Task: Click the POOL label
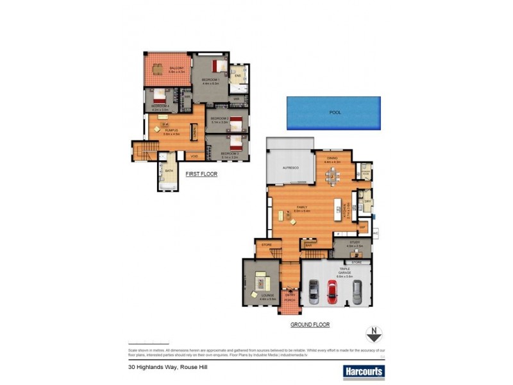334,112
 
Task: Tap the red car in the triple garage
333,292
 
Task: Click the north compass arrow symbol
374,334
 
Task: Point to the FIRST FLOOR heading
201,174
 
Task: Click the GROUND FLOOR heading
310,325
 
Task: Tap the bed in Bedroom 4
159,98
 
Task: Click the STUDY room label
355,243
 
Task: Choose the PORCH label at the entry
290,299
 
